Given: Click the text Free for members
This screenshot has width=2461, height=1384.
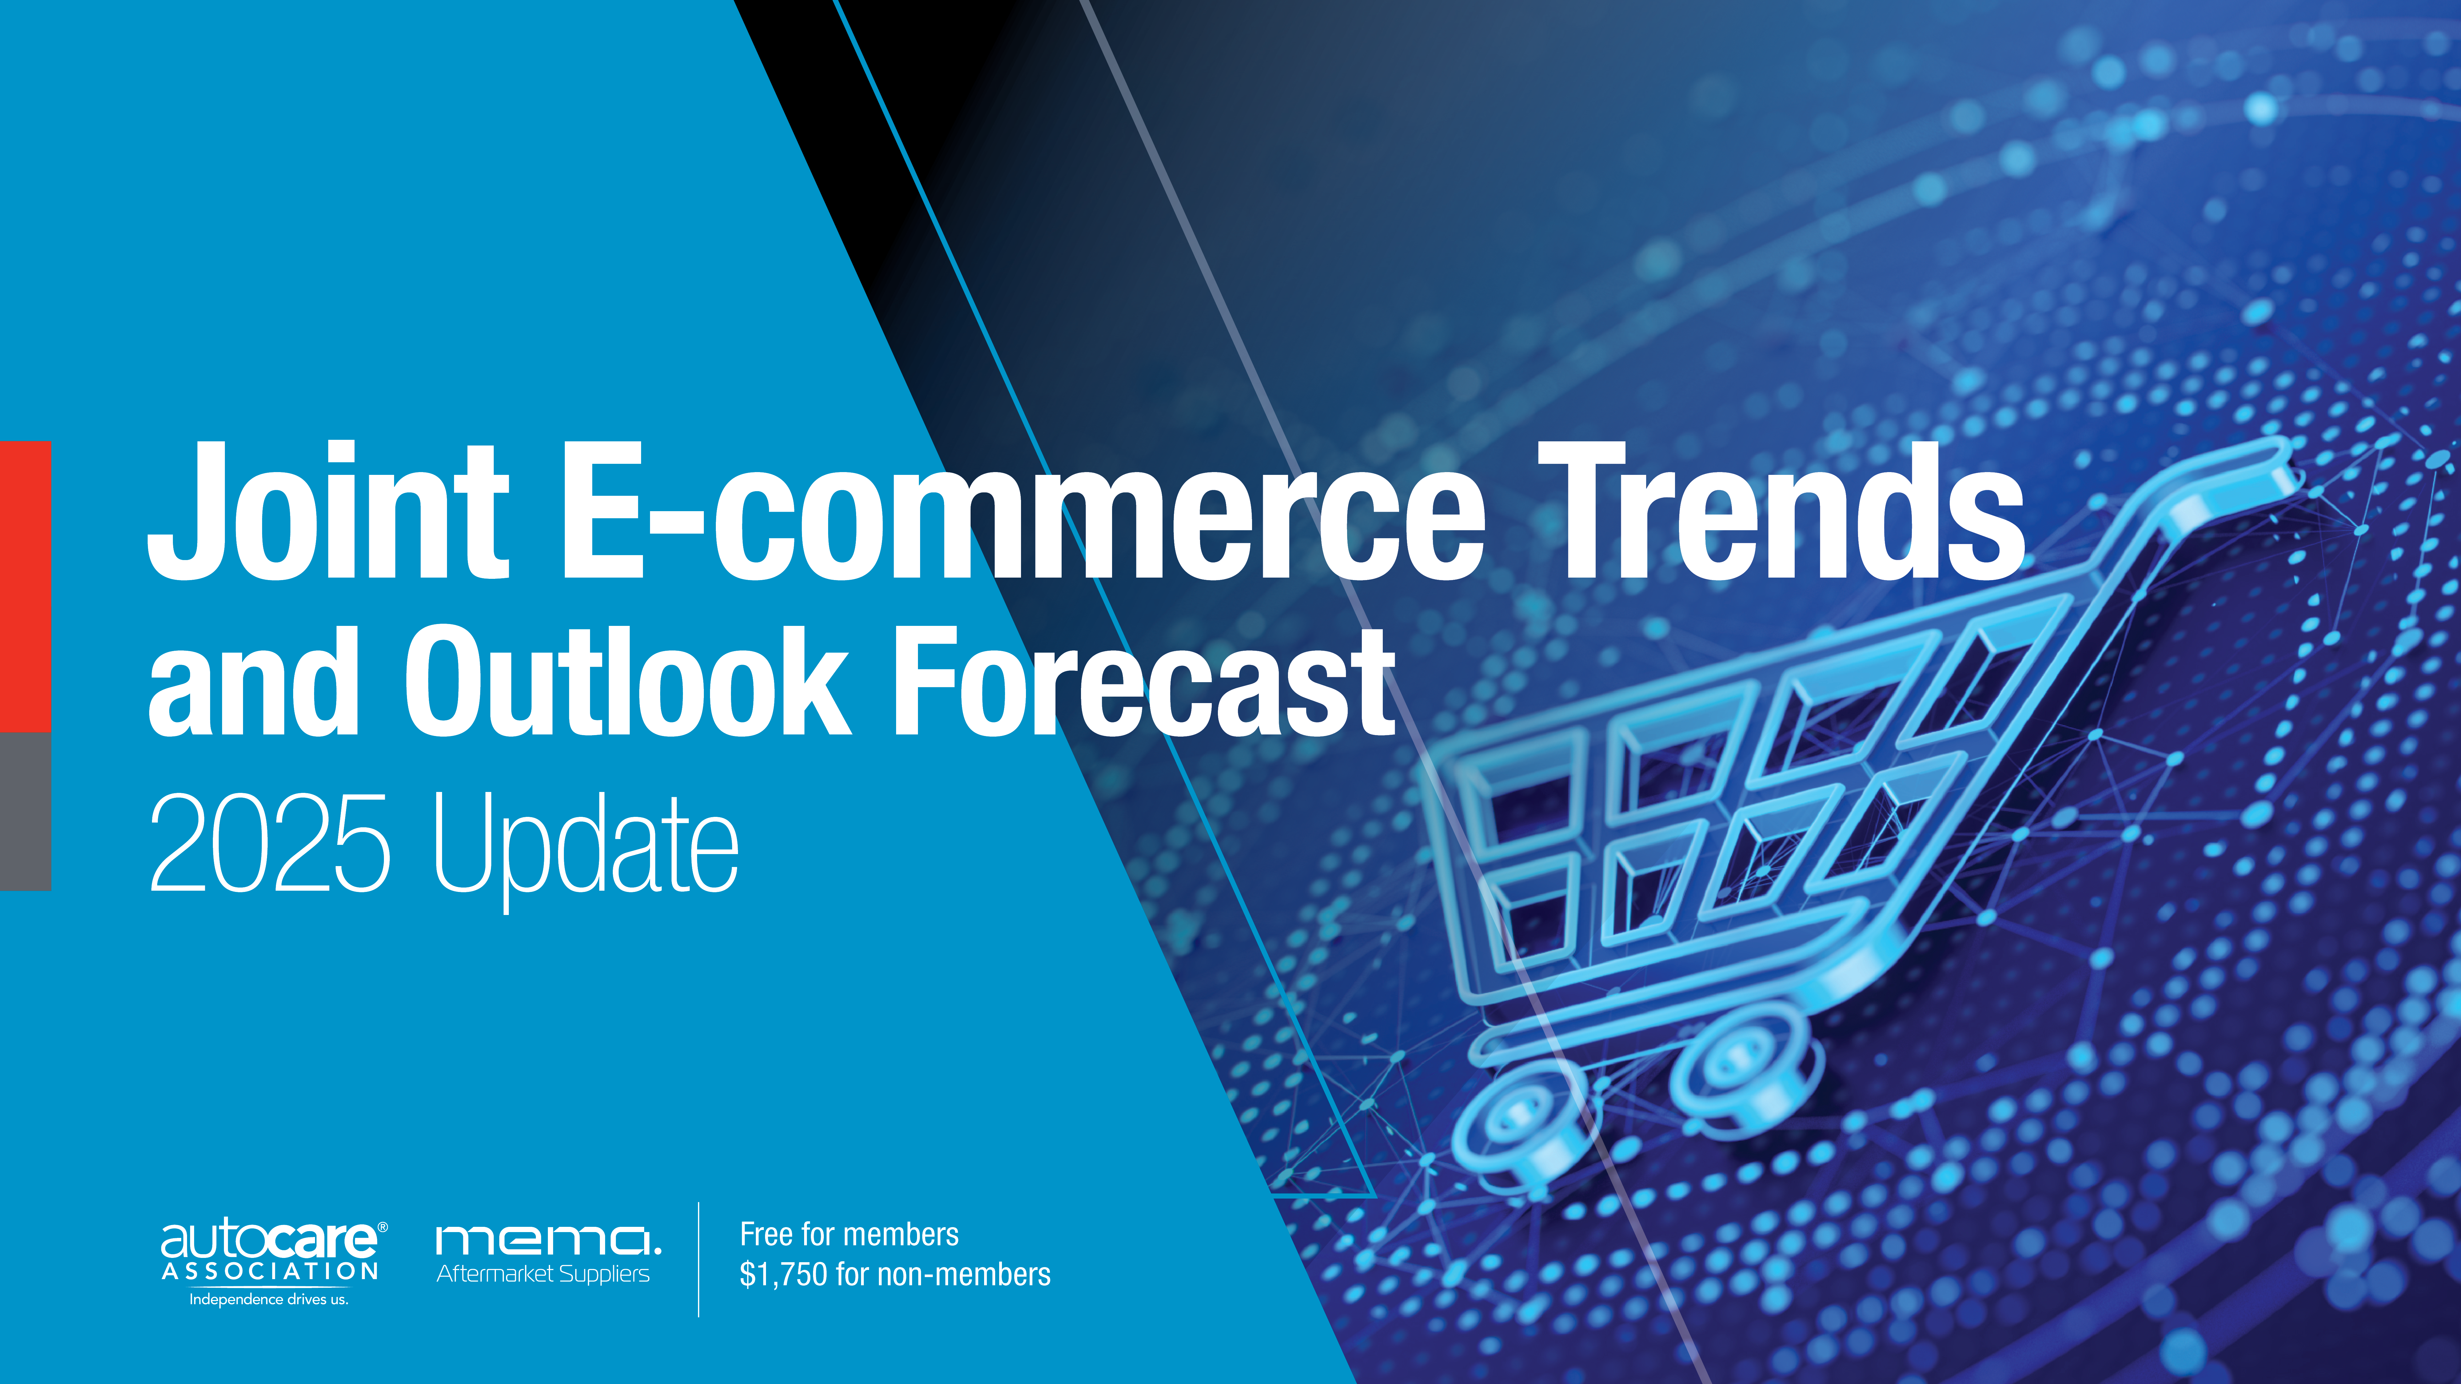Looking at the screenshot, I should point(848,1234).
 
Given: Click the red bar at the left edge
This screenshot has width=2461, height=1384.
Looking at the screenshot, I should point(25,586).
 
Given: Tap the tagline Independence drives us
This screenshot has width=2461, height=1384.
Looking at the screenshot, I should point(269,1299).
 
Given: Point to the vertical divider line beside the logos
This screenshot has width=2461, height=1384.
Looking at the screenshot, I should point(698,1259).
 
